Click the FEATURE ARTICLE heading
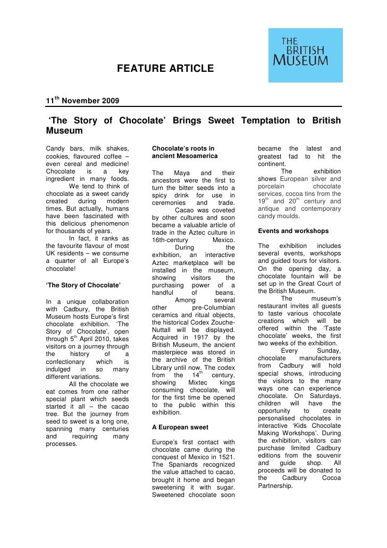click(x=165, y=69)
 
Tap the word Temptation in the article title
click(x=270, y=121)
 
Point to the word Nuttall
click(x=165, y=330)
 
